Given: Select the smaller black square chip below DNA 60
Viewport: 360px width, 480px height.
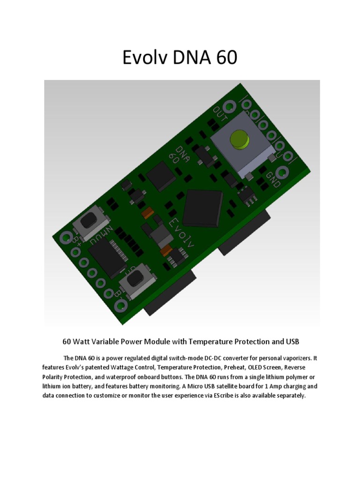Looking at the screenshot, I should (160, 177).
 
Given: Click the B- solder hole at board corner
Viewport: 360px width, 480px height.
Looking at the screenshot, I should (120, 306).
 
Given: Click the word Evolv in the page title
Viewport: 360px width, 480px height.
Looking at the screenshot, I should (146, 58).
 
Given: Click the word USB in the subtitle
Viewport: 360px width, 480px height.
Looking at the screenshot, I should (292, 341).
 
